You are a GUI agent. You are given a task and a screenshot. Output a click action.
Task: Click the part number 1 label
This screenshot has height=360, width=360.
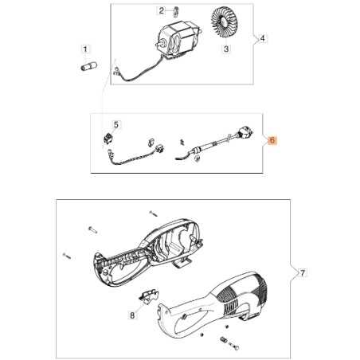[x=85, y=49]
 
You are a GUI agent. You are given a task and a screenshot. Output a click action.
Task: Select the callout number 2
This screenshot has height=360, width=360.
[x=162, y=10]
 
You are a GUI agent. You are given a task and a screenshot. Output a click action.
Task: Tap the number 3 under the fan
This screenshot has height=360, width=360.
[x=226, y=49]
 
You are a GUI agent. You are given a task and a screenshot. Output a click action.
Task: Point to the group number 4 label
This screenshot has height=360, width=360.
[x=262, y=38]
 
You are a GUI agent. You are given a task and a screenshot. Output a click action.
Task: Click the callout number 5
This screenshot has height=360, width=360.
[x=116, y=124]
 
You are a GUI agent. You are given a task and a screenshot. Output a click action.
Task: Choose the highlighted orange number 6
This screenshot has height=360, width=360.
[x=272, y=140]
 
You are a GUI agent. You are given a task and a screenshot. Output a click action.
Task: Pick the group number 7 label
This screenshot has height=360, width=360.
[x=303, y=272]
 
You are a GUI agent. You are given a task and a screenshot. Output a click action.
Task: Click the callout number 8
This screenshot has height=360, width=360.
[x=132, y=315]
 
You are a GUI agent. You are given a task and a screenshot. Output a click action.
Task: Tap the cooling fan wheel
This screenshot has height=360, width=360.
[x=224, y=22]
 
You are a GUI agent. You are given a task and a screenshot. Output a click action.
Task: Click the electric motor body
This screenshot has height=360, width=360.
[x=178, y=40]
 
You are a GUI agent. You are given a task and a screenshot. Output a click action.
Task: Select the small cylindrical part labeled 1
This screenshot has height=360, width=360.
[x=88, y=66]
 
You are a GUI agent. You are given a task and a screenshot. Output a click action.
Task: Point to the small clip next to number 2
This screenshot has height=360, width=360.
[x=175, y=12]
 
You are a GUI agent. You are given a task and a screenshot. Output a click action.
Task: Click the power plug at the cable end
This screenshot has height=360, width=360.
[x=244, y=133]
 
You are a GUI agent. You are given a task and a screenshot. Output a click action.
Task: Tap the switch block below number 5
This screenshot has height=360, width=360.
[x=108, y=139]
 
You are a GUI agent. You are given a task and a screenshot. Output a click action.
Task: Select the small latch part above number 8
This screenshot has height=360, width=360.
[x=149, y=295]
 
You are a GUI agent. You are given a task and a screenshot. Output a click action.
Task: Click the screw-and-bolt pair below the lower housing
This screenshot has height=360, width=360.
[x=229, y=343]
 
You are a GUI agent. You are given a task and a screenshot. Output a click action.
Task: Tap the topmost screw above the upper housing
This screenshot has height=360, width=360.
[x=153, y=213]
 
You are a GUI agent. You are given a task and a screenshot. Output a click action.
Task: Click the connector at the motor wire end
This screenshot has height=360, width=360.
[x=116, y=71]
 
